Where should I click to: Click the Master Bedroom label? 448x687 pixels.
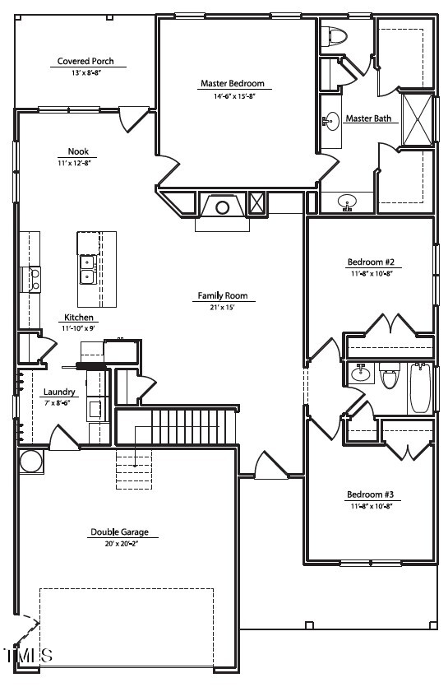[x=233, y=83]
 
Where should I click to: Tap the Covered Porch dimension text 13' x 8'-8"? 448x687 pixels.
[x=86, y=73]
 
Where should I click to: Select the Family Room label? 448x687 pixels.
[x=223, y=295]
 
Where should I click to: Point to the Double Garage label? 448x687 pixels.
[x=119, y=531]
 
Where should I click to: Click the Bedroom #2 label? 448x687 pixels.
[x=371, y=262]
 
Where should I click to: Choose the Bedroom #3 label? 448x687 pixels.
[x=371, y=494]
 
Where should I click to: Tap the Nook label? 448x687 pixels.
[x=78, y=151]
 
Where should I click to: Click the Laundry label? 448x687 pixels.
[x=59, y=392]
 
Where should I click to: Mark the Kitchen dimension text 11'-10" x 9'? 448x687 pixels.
[x=78, y=327]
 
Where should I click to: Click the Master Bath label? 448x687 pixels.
[x=368, y=118]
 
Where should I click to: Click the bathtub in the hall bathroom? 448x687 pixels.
[x=420, y=388]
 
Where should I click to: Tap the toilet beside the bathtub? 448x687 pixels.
[x=389, y=375]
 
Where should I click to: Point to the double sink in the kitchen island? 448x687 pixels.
[x=88, y=270]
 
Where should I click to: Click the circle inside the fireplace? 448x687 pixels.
[x=223, y=207]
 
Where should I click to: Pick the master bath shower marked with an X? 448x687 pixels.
[x=418, y=119]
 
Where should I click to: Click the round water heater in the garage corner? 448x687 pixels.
[x=31, y=461]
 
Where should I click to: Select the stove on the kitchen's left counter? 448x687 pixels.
[x=31, y=280]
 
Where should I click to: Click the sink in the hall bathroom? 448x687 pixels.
[x=361, y=374]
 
